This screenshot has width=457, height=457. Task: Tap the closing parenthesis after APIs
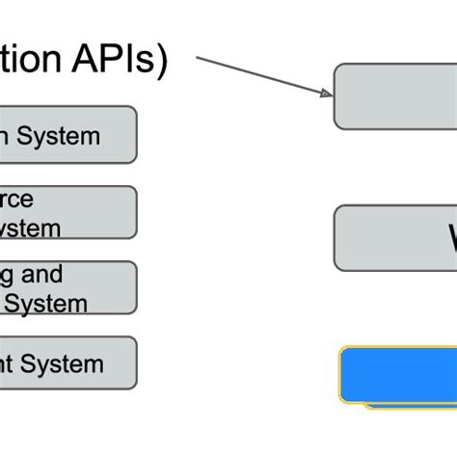(x=161, y=60)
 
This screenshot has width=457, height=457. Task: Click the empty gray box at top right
(x=395, y=96)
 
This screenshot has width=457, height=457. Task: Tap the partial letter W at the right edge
(x=449, y=237)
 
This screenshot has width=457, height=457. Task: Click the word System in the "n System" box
(x=62, y=136)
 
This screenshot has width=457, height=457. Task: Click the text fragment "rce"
(x=16, y=200)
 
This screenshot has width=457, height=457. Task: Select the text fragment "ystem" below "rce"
(x=29, y=228)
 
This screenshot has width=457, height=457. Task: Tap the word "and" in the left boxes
(x=42, y=275)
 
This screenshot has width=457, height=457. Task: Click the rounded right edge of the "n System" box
(x=136, y=135)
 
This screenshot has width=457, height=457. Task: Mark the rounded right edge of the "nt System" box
(x=136, y=363)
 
